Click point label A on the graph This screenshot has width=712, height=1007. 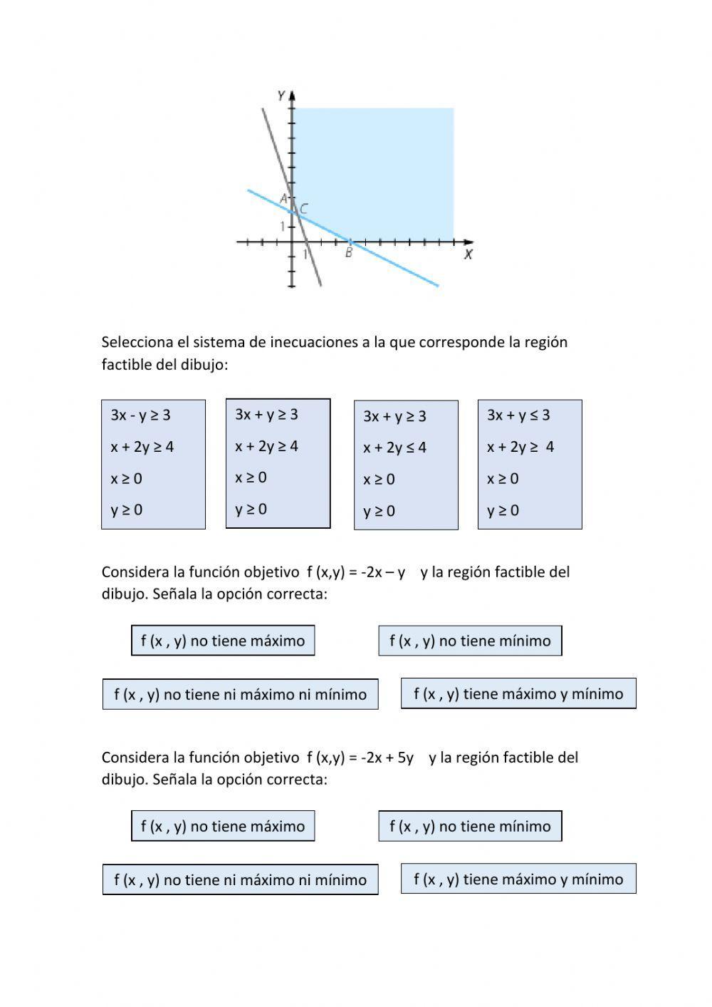(x=283, y=198)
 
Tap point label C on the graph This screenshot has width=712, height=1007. (x=304, y=209)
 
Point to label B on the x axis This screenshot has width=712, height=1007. (x=349, y=253)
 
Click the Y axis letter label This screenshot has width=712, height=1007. (x=281, y=95)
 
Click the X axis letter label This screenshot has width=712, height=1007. (x=468, y=254)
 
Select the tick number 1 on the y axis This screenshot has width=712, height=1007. (x=283, y=227)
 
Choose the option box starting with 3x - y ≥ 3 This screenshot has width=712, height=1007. (x=153, y=464)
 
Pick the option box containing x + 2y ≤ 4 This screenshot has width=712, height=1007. (x=406, y=465)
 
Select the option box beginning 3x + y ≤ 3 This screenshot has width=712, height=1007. (x=530, y=464)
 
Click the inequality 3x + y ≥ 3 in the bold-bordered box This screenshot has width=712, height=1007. (x=266, y=414)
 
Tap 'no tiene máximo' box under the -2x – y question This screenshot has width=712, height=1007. (x=223, y=640)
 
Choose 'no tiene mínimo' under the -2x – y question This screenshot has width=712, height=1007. (x=470, y=641)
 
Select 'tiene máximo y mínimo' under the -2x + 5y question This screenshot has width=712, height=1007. (x=518, y=879)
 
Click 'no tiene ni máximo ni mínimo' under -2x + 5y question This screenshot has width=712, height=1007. (x=240, y=879)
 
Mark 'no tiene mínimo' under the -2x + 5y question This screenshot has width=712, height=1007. (x=470, y=826)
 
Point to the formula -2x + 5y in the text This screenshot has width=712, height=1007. (x=387, y=757)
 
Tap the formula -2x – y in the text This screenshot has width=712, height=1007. (x=383, y=572)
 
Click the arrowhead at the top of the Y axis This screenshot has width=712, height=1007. (x=292, y=94)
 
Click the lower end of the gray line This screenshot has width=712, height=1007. (x=320, y=284)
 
